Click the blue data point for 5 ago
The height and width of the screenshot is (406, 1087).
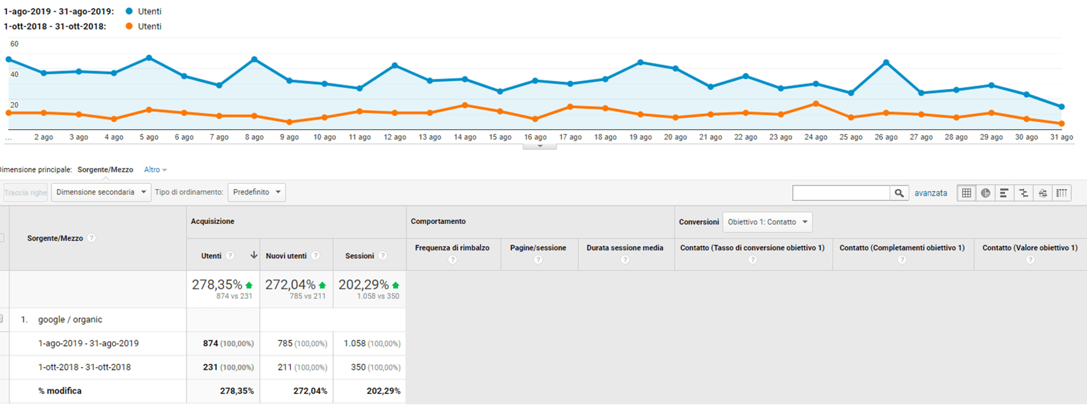coord(149,58)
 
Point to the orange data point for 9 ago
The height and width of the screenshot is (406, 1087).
coord(290,122)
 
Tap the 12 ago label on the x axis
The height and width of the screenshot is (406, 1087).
coord(395,137)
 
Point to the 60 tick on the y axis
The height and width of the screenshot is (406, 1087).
coord(14,44)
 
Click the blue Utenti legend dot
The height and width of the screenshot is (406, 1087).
coord(129,11)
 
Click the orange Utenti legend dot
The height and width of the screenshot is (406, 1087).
coord(129,26)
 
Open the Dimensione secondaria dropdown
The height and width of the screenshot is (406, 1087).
coord(101,192)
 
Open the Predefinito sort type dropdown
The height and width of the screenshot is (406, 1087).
coord(256,192)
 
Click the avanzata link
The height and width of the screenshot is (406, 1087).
coord(930,193)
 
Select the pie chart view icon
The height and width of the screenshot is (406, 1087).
coord(985,193)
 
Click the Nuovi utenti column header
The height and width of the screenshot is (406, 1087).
coord(286,256)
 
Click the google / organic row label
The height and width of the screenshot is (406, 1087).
coord(70,320)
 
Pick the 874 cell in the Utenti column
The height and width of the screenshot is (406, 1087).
coord(210,343)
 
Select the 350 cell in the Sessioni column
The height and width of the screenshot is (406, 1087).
coord(358,367)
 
